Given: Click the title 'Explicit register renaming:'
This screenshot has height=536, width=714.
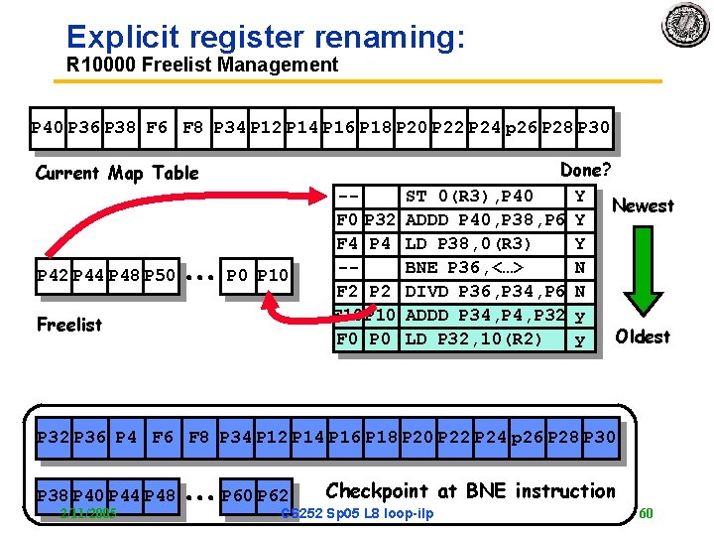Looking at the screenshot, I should coord(264,37).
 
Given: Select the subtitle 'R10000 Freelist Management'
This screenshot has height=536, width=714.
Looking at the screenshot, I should coord(202,66).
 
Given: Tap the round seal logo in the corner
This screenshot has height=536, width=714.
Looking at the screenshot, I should coord(686,25).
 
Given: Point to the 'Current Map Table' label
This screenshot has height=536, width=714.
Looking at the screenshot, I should coord(117,173).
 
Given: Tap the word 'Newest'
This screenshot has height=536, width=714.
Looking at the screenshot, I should coord(643,205).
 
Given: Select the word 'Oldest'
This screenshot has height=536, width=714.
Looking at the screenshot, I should coord(643,336).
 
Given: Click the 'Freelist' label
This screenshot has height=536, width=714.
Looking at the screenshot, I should coord(68,324).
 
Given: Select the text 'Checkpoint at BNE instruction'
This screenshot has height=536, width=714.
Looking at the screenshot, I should coord(470,490).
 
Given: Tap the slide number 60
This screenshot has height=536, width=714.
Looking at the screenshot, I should coord(645,513).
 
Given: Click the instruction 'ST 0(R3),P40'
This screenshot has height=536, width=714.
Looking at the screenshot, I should coord(470,197).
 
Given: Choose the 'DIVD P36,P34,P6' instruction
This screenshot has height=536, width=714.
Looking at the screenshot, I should coord(485,291).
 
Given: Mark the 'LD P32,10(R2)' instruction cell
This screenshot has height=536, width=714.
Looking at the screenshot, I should coord(474,338).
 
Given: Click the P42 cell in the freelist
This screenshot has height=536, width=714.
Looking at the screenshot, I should coord(52,274).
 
